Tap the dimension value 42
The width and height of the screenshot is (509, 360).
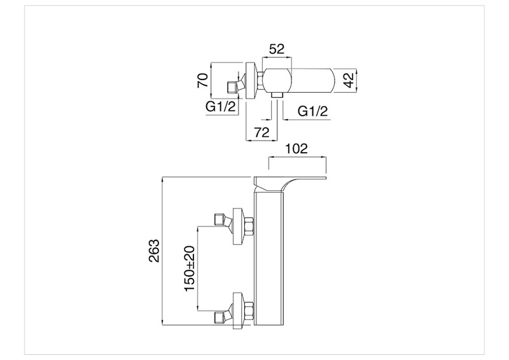[x=349, y=81]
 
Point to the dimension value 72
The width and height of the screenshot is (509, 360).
[x=260, y=132]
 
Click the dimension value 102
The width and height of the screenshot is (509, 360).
[x=296, y=149]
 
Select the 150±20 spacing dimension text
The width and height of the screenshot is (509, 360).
[x=190, y=268]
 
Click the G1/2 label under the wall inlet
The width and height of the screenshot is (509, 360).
[x=221, y=108]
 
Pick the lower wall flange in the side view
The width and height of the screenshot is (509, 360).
[x=239, y=310]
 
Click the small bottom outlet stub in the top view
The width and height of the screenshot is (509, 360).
[x=275, y=95]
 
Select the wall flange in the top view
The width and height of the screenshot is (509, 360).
[x=250, y=81]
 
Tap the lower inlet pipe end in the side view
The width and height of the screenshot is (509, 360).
[x=220, y=314]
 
